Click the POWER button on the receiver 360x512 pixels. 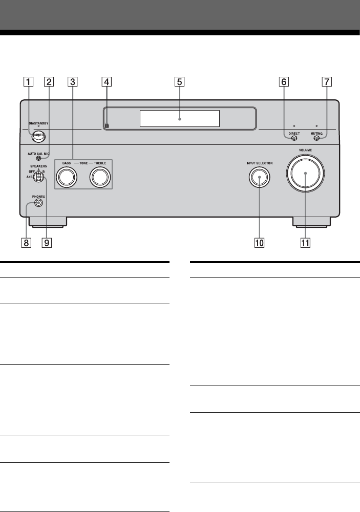pyautogui.click(x=38, y=136)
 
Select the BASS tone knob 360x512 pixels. pyautogui.click(x=66, y=177)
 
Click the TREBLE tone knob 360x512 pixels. pyautogui.click(x=99, y=177)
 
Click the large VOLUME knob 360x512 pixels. pyautogui.click(x=306, y=174)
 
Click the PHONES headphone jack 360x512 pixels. pyautogui.click(x=38, y=203)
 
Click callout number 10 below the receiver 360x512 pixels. pyautogui.click(x=260, y=243)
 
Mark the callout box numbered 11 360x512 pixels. pyautogui.click(x=306, y=243)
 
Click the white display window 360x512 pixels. pyautogui.click(x=179, y=118)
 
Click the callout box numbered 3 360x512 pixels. pyautogui.click(x=73, y=81)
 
